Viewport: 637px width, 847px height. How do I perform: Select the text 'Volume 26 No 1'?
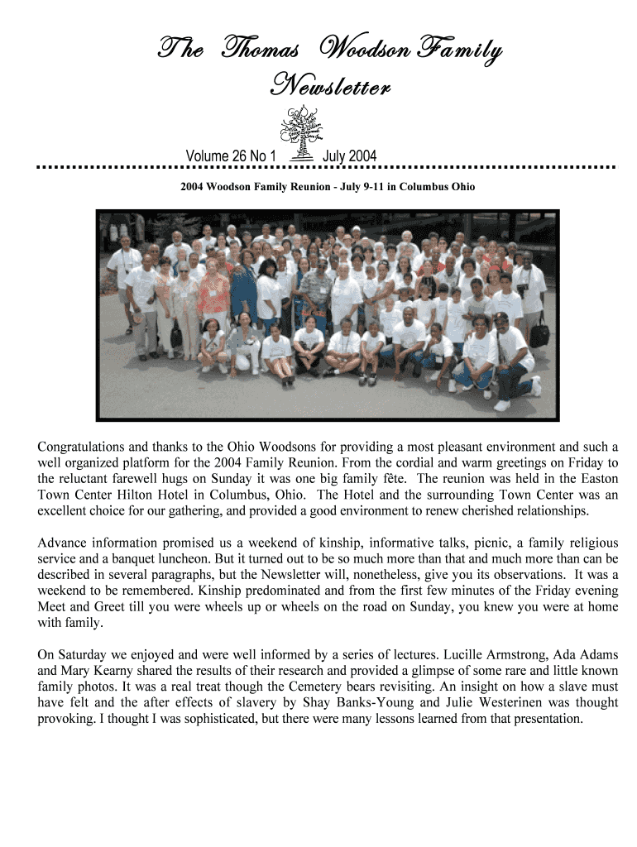[231, 156]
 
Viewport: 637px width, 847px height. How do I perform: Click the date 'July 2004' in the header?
[349, 156]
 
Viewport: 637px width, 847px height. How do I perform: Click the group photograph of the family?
[328, 315]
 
